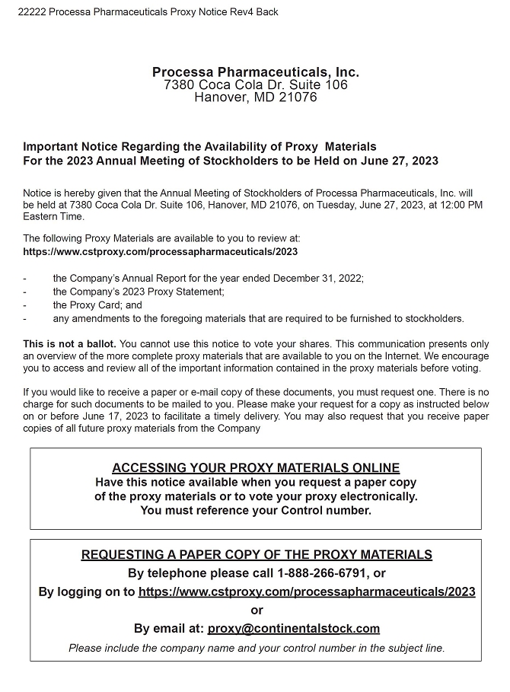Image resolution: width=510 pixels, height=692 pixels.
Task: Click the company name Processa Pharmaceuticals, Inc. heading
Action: [255, 72]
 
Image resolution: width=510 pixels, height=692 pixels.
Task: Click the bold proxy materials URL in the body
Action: [160, 251]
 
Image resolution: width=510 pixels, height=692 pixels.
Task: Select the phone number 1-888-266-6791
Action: [320, 573]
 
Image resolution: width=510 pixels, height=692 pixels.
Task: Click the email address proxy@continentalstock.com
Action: [293, 628]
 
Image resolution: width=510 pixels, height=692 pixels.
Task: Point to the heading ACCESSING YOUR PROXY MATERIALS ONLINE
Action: [255, 468]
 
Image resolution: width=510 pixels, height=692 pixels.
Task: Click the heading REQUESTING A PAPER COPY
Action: [257, 555]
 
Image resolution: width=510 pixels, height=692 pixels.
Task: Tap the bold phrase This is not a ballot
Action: [70, 344]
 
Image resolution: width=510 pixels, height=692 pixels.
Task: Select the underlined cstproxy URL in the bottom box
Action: [307, 592]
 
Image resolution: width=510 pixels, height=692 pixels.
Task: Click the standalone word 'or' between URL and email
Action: [257, 610]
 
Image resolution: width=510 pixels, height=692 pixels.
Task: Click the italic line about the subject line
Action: [257, 648]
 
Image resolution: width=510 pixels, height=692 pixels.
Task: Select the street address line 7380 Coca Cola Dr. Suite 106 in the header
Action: [255, 85]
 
